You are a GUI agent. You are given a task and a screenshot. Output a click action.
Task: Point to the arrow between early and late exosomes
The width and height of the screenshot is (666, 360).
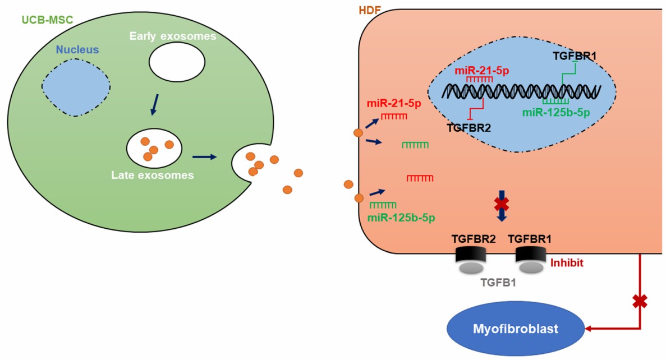(x=153, y=105)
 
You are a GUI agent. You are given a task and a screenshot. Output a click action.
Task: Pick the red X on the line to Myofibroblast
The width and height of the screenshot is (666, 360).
(x=639, y=302)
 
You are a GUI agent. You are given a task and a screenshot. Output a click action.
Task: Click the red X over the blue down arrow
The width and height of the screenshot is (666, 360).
(x=502, y=204)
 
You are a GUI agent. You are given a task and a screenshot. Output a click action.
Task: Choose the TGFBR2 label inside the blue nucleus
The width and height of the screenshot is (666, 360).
(x=469, y=128)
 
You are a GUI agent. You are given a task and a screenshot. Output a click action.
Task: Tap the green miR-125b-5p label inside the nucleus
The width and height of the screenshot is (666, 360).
(x=557, y=112)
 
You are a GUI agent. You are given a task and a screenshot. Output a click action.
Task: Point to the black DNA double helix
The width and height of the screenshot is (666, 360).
(x=522, y=90)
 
